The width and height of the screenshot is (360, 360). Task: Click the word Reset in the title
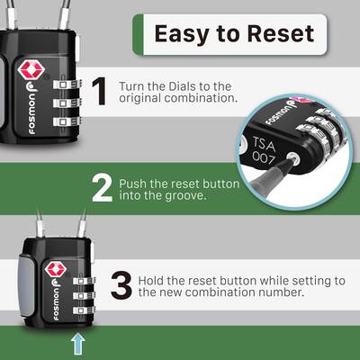[x=280, y=33]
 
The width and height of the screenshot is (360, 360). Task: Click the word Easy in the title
[x=184, y=33]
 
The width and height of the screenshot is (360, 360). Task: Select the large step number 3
[x=120, y=285]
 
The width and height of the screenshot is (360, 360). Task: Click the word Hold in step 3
[x=153, y=280]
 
